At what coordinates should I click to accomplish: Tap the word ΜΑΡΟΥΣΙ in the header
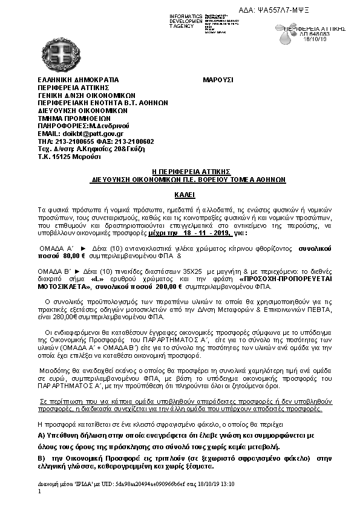pyautogui.click(x=218, y=80)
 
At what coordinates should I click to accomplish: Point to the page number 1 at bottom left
pyautogui.click(x=39, y=492)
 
